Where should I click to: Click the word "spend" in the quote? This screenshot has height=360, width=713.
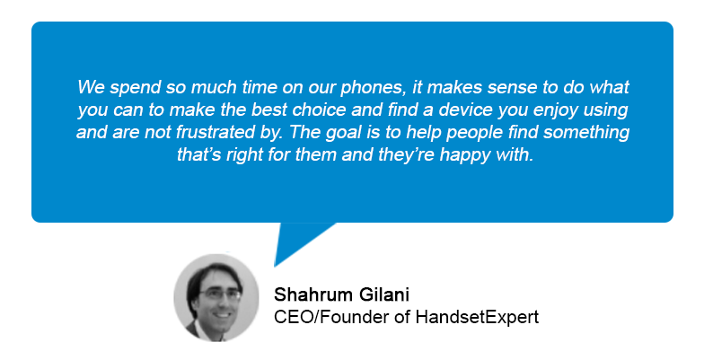pos(135,88)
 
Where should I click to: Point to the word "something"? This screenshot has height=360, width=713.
pos(585,133)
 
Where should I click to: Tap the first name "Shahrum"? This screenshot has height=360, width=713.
pos(313,294)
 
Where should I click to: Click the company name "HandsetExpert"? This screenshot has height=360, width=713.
pos(477,317)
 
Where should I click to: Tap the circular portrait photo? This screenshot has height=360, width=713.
pos(216,297)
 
